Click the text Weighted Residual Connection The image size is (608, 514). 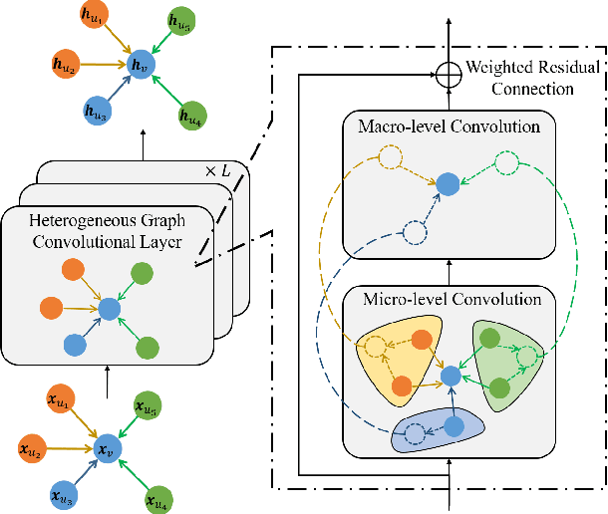[x=533, y=78]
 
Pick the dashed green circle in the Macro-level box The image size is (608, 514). [x=506, y=163]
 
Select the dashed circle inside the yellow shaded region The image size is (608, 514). [x=374, y=348]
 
